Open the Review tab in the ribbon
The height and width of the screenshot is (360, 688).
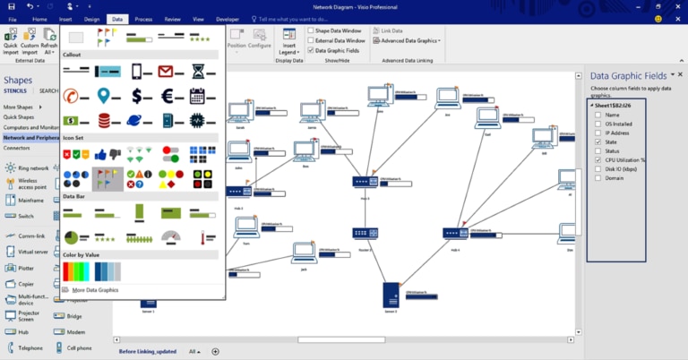point(173,18)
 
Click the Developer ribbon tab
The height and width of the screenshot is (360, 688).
point(228,18)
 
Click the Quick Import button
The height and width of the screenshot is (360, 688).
point(11,41)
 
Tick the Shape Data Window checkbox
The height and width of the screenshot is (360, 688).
point(311,30)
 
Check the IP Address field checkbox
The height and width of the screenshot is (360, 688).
point(598,133)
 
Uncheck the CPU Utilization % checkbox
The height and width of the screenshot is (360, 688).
point(598,159)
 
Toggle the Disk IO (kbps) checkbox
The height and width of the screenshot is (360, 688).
point(598,168)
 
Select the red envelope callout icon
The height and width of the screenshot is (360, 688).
point(168,71)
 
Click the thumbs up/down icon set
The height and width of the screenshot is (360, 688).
point(107,154)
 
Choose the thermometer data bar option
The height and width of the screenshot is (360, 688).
point(202,237)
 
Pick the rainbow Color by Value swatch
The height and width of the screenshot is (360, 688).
point(77,271)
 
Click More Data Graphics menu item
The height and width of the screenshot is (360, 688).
point(95,290)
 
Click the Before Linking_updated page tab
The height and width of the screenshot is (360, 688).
point(148,352)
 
